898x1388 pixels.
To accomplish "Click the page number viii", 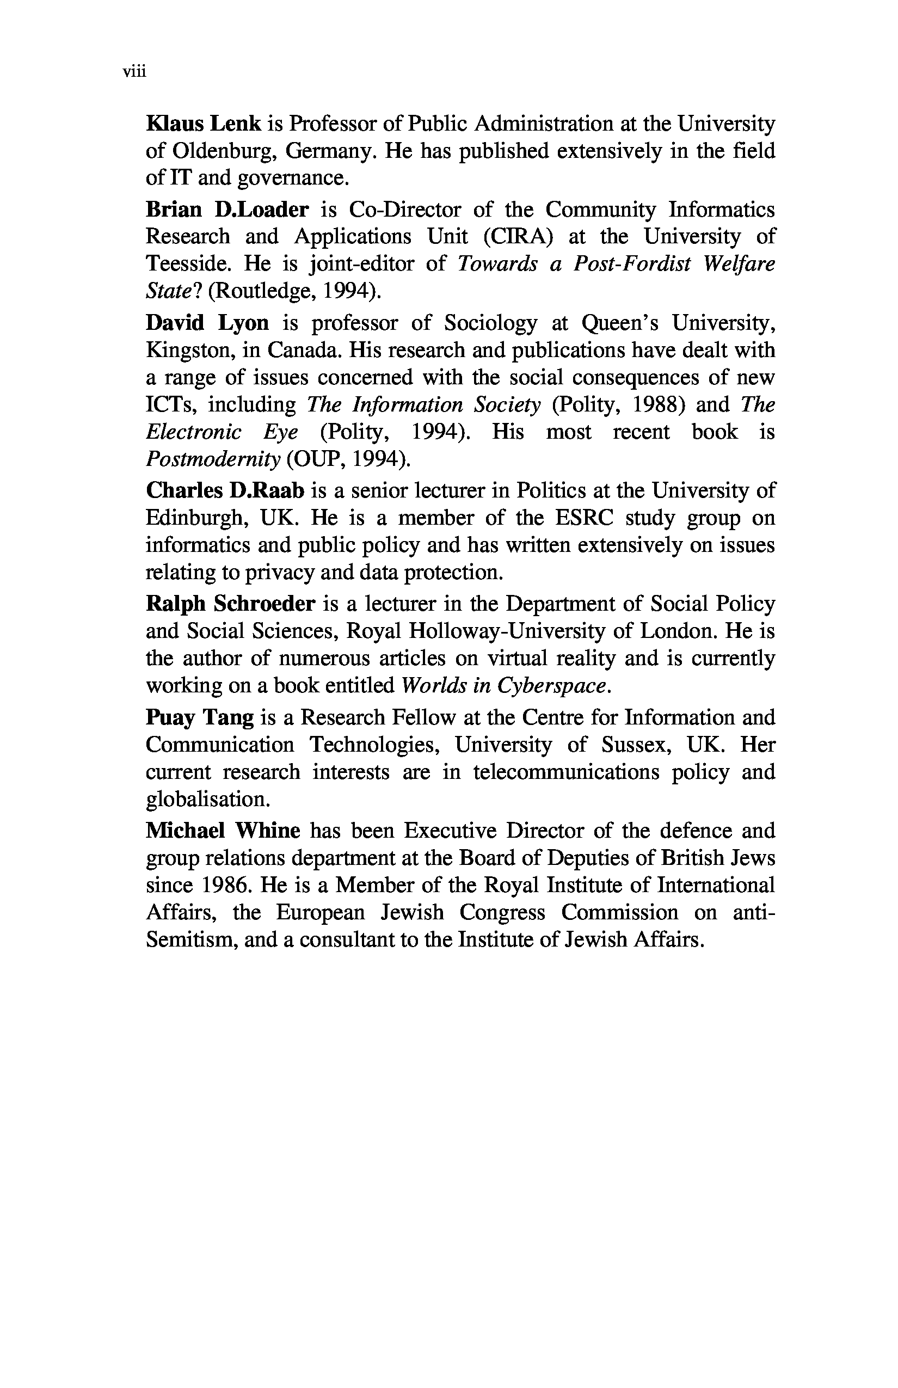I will coord(133,72).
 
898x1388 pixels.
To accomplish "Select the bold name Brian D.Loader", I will coord(227,209).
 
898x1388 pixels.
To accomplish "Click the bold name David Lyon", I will coord(207,322).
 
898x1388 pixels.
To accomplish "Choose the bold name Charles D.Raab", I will coord(225,490).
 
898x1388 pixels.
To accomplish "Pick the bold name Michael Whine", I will coord(223,831).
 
